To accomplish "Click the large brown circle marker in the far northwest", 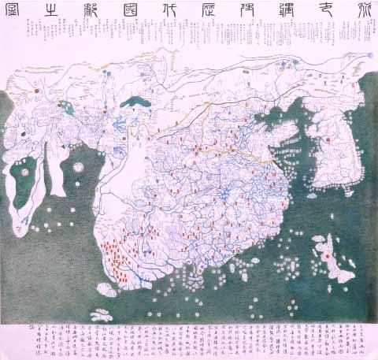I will (x=35, y=91).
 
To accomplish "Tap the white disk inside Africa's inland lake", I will (x=28, y=167).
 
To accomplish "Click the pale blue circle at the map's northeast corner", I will (x=369, y=55).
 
